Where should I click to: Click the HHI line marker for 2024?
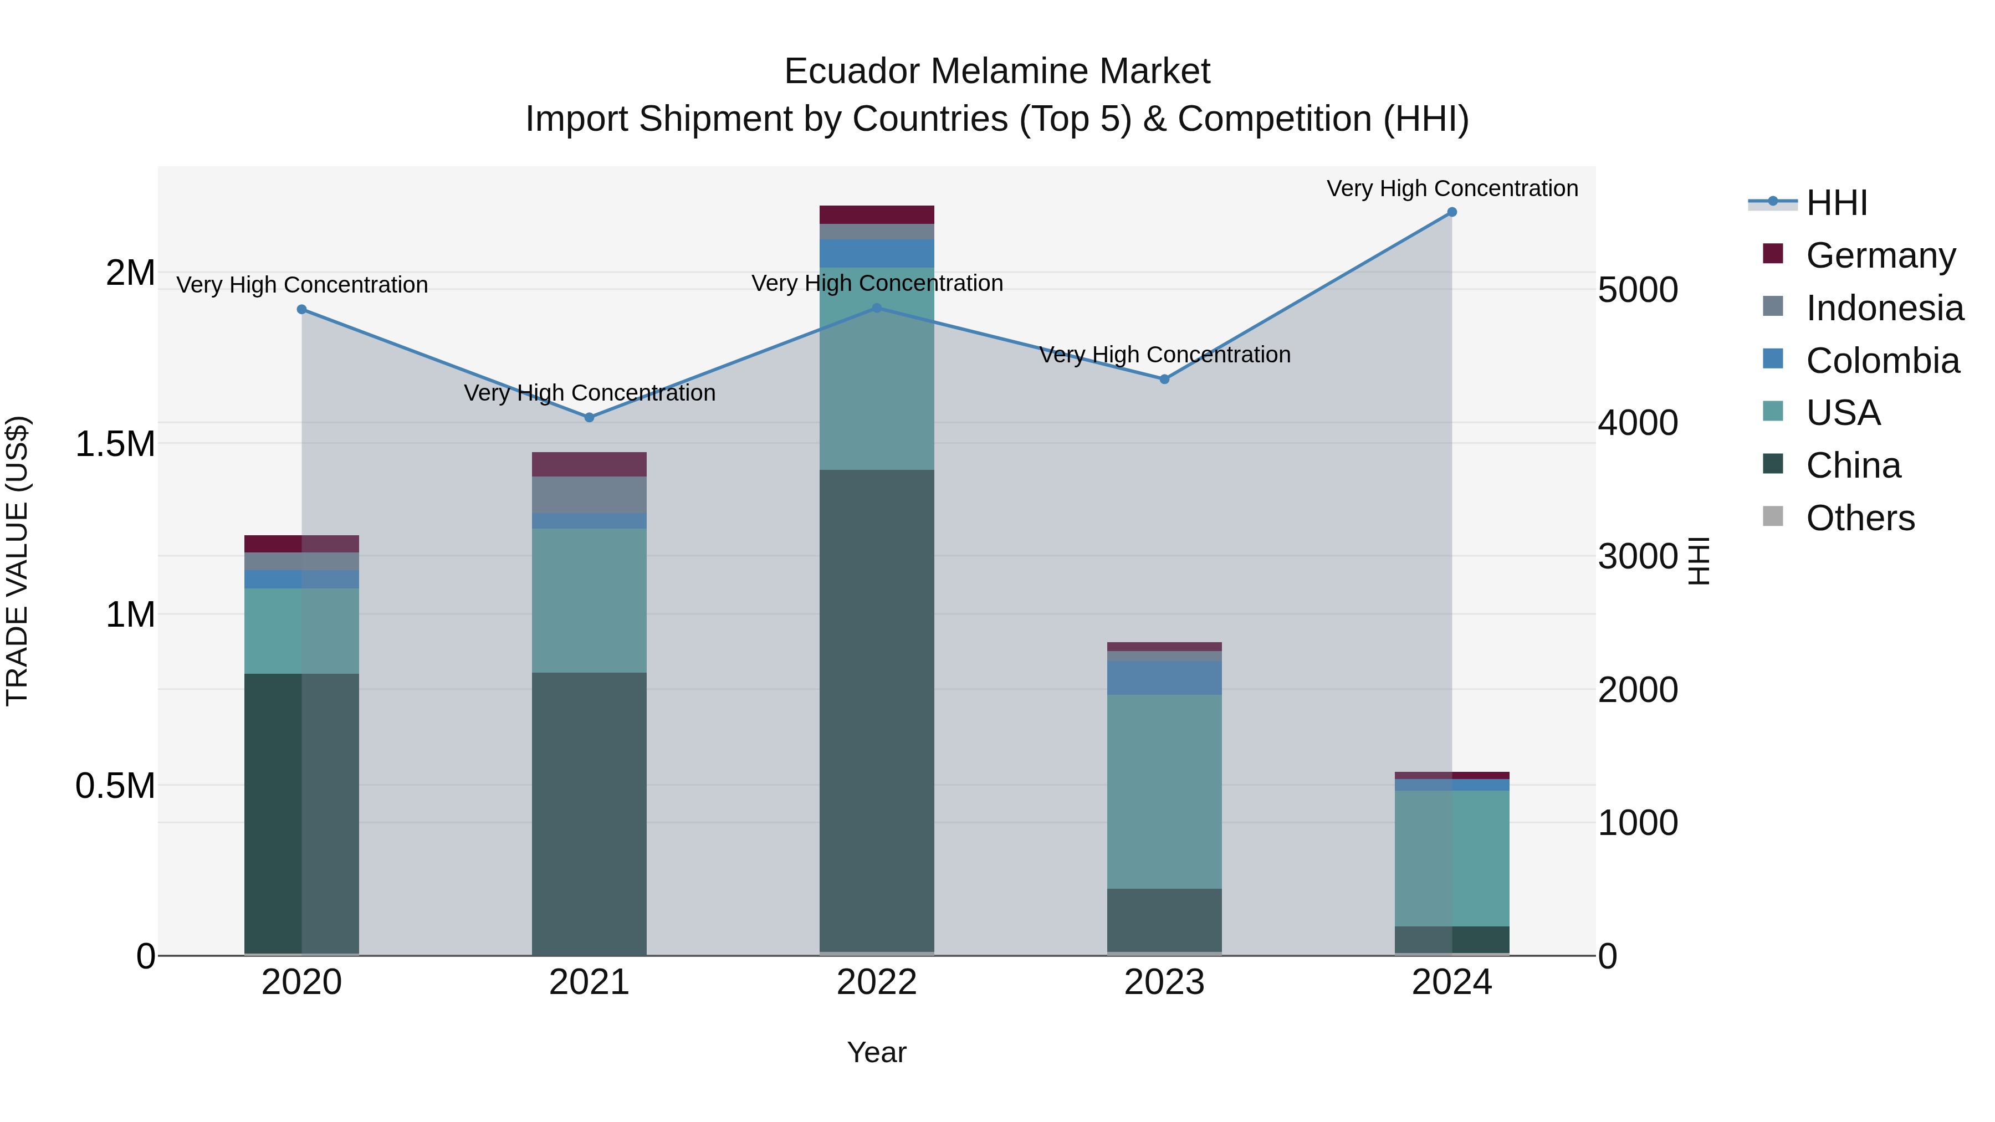pos(1451,212)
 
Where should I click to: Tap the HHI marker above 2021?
pos(590,417)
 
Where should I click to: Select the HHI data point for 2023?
pos(1164,380)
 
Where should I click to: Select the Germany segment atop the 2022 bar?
pos(877,214)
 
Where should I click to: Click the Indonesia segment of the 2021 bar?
pos(590,494)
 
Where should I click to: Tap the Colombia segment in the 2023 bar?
pos(1164,678)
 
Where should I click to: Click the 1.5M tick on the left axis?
pos(115,444)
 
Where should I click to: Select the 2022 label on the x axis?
pos(877,982)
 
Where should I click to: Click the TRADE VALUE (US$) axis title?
pos(17,561)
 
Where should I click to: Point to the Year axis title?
pos(877,1052)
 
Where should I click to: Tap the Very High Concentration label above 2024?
pos(1451,188)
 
